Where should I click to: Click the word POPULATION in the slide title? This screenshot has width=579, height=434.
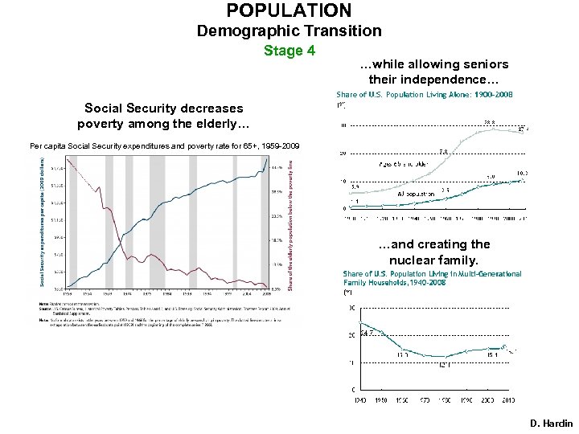pyautogui.click(x=289, y=10)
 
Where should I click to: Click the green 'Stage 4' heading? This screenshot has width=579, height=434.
pyautogui.click(x=289, y=51)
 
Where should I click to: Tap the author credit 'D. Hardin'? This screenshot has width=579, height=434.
pyautogui.click(x=552, y=424)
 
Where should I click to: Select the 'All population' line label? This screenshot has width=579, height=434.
pyautogui.click(x=417, y=194)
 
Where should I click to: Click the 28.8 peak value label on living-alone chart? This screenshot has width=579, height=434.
pyautogui.click(x=488, y=123)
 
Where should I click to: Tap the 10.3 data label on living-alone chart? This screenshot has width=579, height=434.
pyautogui.click(x=522, y=173)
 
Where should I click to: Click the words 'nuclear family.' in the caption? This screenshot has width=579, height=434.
pyautogui.click(x=433, y=260)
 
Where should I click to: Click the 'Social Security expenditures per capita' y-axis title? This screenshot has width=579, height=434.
pyautogui.click(x=43, y=222)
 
